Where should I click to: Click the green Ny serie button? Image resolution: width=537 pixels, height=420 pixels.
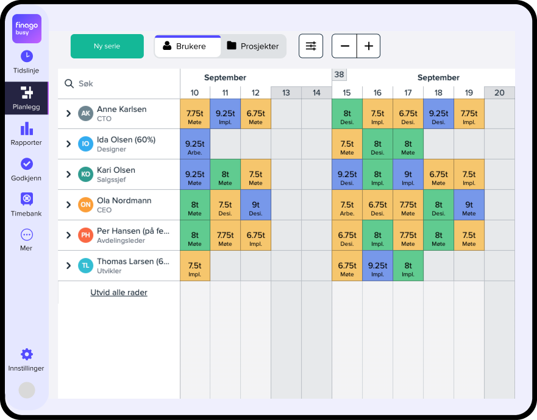pyautogui.click(x=107, y=46)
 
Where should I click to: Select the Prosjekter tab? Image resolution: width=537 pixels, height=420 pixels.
pyautogui.click(x=253, y=46)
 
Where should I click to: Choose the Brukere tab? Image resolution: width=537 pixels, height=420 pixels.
pyautogui.click(x=187, y=46)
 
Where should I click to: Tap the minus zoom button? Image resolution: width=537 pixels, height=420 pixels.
pyautogui.click(x=344, y=46)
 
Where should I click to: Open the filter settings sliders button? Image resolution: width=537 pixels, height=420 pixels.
pyautogui.click(x=311, y=46)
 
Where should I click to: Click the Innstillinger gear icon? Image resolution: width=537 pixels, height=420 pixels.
pyautogui.click(x=26, y=354)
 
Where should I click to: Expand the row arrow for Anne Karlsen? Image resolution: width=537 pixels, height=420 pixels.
pyautogui.click(x=69, y=114)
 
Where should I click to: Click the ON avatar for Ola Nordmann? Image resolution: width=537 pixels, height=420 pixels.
pyautogui.click(x=85, y=205)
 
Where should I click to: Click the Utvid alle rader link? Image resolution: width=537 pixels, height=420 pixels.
pyautogui.click(x=119, y=293)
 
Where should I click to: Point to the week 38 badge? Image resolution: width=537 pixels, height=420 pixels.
pyautogui.click(x=340, y=75)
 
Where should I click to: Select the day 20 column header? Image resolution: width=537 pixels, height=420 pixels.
pyautogui.click(x=499, y=93)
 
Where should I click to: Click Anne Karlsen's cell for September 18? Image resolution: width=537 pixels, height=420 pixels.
pyautogui.click(x=438, y=114)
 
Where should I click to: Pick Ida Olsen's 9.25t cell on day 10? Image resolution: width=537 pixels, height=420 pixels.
pyautogui.click(x=194, y=144)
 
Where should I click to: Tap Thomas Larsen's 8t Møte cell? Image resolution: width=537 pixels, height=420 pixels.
pyautogui.click(x=408, y=266)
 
